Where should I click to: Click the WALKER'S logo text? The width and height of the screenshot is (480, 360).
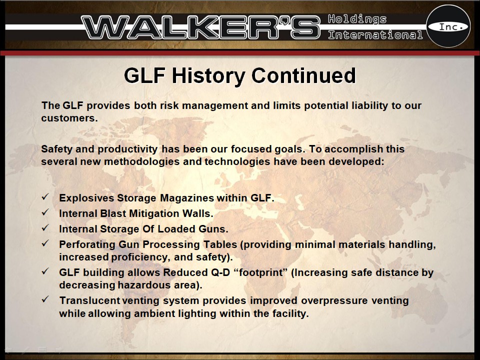point(200,27)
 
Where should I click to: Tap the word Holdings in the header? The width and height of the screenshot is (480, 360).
point(357,19)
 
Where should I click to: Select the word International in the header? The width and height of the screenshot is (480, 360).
point(375,35)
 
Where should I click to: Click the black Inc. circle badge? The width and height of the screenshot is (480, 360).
point(448,26)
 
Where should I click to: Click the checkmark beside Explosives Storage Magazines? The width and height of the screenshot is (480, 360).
point(45,197)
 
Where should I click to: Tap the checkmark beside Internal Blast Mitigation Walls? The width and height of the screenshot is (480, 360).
point(45,213)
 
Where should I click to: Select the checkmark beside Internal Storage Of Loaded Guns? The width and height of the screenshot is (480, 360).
point(45,228)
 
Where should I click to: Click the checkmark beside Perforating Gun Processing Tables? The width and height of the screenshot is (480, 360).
point(45,244)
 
